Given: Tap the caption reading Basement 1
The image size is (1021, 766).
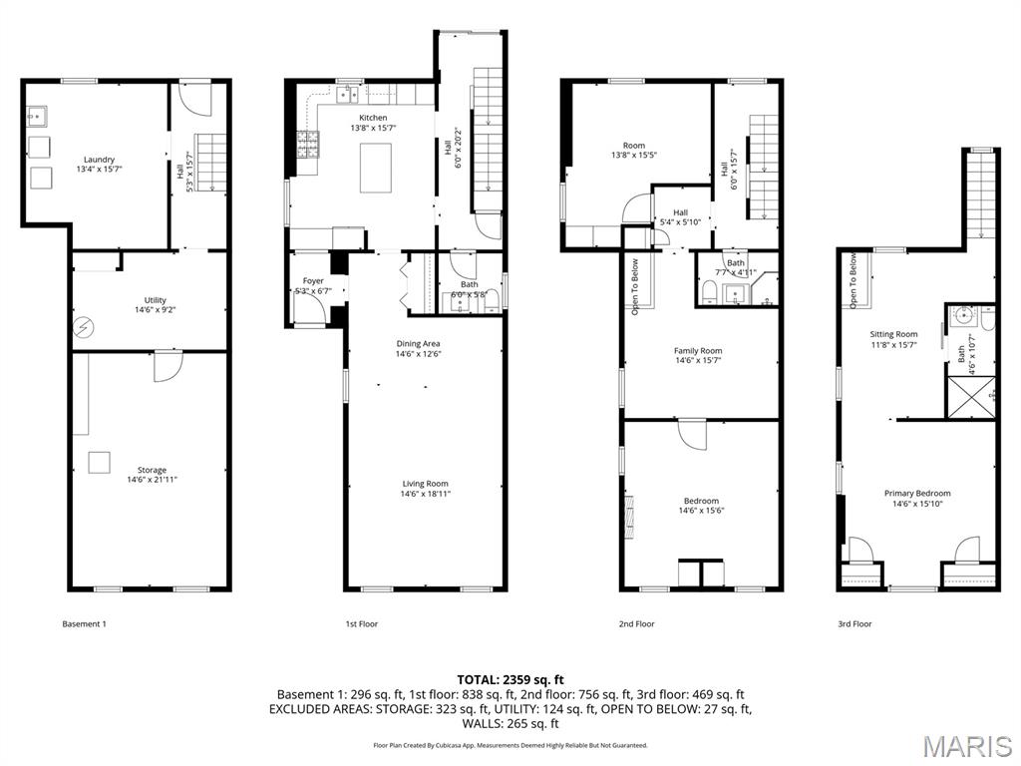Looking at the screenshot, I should (x=84, y=624).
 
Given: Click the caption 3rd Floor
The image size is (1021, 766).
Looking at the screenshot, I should (x=854, y=624).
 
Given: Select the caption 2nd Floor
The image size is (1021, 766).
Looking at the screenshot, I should (x=636, y=624).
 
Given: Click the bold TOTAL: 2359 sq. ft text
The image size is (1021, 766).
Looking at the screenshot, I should (x=510, y=679).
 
